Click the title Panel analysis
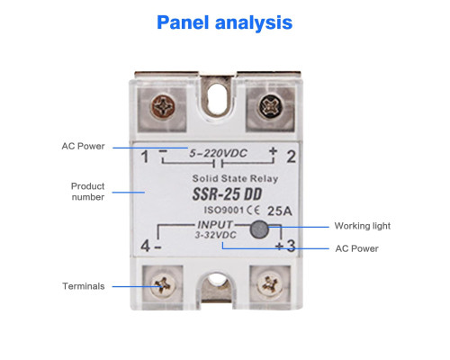click(224, 22)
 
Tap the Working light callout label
click(363, 226)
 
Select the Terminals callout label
click(84, 286)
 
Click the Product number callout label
click(87, 192)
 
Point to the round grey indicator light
click(259, 229)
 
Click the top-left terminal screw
click(163, 107)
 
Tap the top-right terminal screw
click(271, 107)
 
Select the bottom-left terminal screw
click(163, 284)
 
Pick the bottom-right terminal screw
click(270, 284)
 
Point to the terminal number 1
click(145, 157)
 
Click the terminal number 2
click(291, 157)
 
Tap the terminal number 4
click(146, 247)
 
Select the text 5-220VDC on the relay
click(218, 154)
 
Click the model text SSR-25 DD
click(227, 194)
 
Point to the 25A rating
click(279, 211)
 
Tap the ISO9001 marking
click(224, 210)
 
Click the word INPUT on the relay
click(215, 225)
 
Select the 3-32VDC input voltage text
click(216, 235)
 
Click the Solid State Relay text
click(235, 179)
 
